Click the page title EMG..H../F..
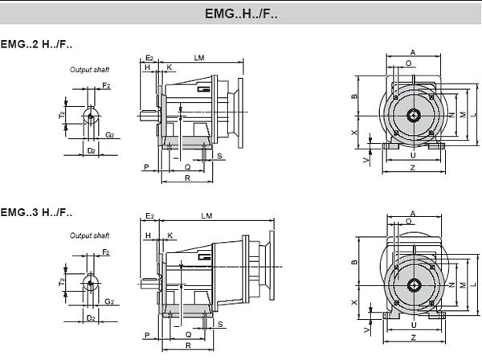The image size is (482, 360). [x=241, y=14]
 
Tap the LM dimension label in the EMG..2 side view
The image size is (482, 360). [x=198, y=57]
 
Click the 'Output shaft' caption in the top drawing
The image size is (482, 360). [x=88, y=71]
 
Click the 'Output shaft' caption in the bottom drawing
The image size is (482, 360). [x=88, y=235]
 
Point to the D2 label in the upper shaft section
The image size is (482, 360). [x=91, y=150]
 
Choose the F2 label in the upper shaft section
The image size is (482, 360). [x=106, y=84]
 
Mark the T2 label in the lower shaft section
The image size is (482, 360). [x=62, y=282]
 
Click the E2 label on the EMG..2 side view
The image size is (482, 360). [x=150, y=58]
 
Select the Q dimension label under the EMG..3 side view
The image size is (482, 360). [x=187, y=333]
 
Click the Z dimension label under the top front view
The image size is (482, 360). [x=412, y=167]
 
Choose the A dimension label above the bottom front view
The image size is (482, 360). [x=412, y=213]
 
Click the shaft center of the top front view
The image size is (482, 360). [x=413, y=115]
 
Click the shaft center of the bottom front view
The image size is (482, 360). [x=413, y=284]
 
